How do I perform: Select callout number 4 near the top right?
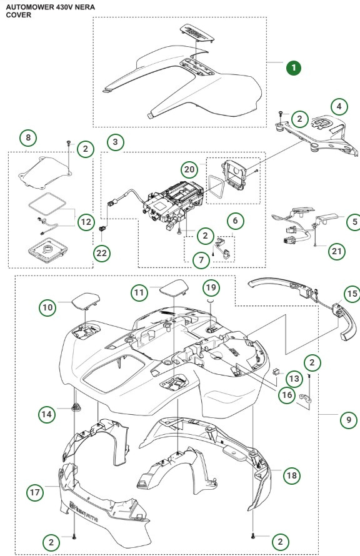tap(339, 106)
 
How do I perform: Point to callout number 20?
tap(189, 169)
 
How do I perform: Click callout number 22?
tap(101, 252)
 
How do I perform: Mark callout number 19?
tap(212, 287)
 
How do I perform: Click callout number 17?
tap(36, 492)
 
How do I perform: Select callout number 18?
tap(291, 475)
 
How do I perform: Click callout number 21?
tap(337, 251)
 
